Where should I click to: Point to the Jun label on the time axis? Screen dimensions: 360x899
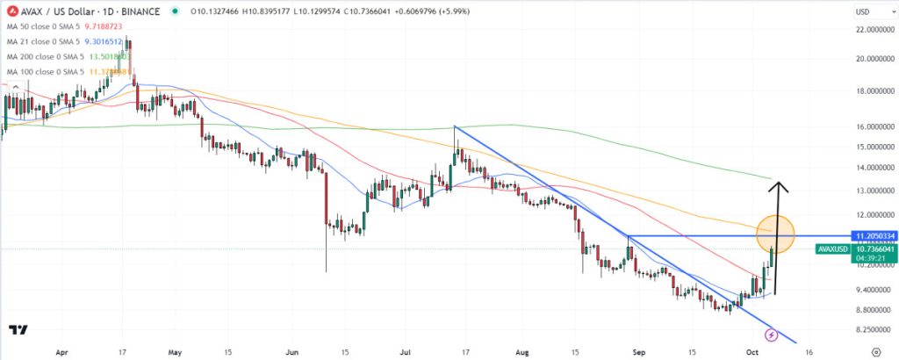click(x=291, y=351)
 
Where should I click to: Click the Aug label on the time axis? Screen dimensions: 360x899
click(x=522, y=351)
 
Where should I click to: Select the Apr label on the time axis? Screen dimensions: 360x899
click(x=61, y=351)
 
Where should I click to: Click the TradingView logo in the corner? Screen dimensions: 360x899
click(x=18, y=330)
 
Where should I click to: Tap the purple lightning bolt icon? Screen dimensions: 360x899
click(x=771, y=335)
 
